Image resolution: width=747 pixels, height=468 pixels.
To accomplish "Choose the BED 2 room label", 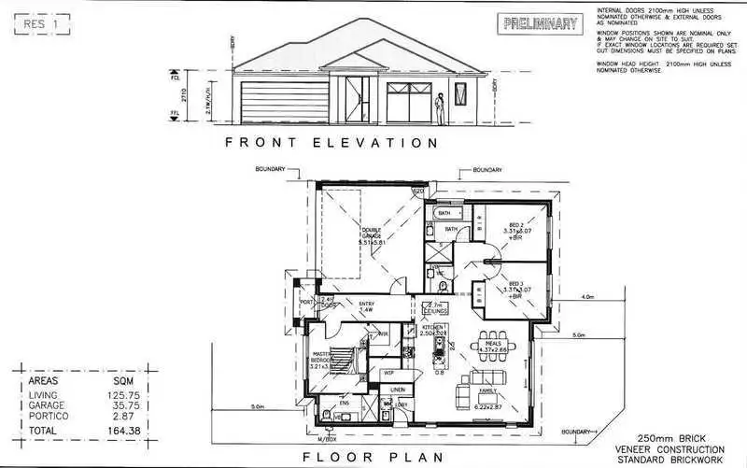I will [515, 225].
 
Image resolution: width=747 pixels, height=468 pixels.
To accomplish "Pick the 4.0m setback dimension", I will [587, 297].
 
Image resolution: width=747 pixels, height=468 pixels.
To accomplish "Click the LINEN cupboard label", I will [397, 389].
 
